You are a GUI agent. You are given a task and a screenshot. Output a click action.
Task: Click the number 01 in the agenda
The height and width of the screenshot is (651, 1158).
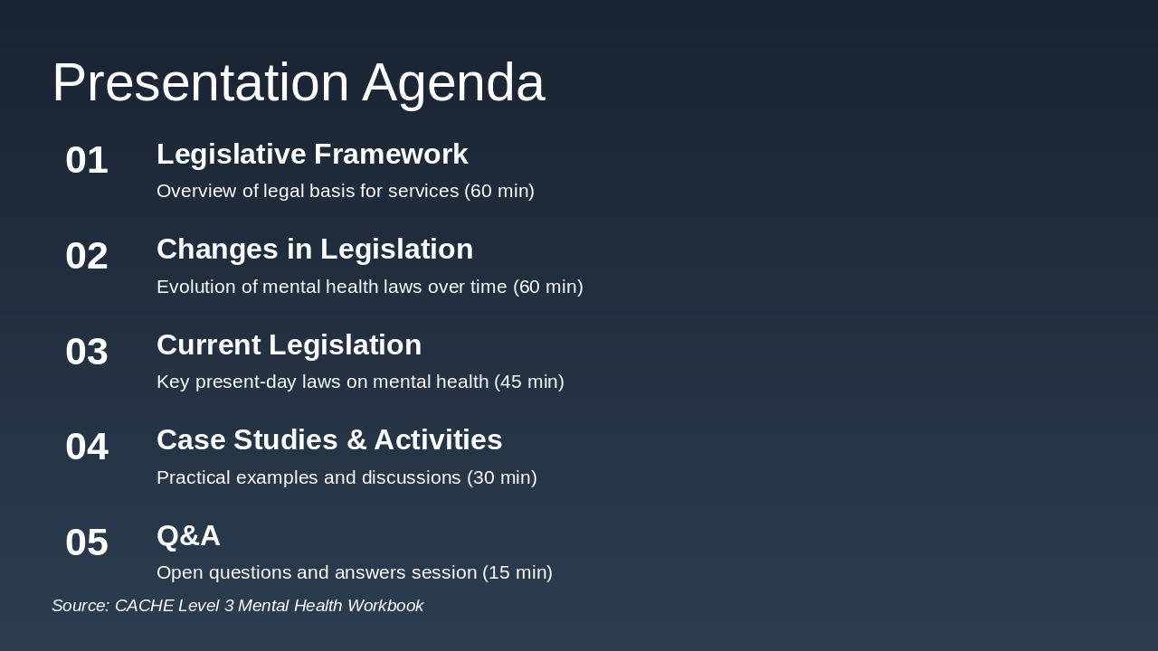pos(87,160)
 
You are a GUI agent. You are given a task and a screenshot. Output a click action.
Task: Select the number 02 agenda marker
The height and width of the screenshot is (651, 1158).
pos(87,256)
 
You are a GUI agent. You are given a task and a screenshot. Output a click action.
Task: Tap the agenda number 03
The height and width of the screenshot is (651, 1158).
pos(87,352)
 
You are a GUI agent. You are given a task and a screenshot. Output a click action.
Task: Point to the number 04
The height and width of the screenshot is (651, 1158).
pos(87,447)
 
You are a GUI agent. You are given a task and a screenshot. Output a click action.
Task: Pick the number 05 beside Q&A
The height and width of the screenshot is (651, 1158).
pos(87,542)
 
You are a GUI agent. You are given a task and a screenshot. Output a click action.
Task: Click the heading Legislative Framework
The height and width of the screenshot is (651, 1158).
pos(312,154)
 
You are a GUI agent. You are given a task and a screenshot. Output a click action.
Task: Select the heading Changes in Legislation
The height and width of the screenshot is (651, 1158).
pos(315,249)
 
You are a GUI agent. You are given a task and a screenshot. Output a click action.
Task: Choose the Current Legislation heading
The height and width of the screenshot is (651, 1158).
pos(289,344)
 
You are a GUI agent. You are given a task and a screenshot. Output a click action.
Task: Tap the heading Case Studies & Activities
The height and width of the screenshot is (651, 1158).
pos(329,439)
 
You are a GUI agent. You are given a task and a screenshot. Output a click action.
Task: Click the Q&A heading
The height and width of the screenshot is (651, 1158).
pos(188,535)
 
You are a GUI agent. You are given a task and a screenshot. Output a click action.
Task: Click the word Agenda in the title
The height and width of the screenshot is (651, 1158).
pos(453,82)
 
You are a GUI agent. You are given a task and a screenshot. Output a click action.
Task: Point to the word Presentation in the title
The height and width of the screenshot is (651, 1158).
pos(200,82)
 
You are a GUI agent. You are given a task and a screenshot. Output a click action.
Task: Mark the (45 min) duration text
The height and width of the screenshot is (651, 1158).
pos(529,382)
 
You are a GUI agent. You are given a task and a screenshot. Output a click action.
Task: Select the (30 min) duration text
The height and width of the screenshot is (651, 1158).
pos(502,477)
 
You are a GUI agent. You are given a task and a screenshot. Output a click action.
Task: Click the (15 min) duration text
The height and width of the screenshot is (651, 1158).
pos(517,572)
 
